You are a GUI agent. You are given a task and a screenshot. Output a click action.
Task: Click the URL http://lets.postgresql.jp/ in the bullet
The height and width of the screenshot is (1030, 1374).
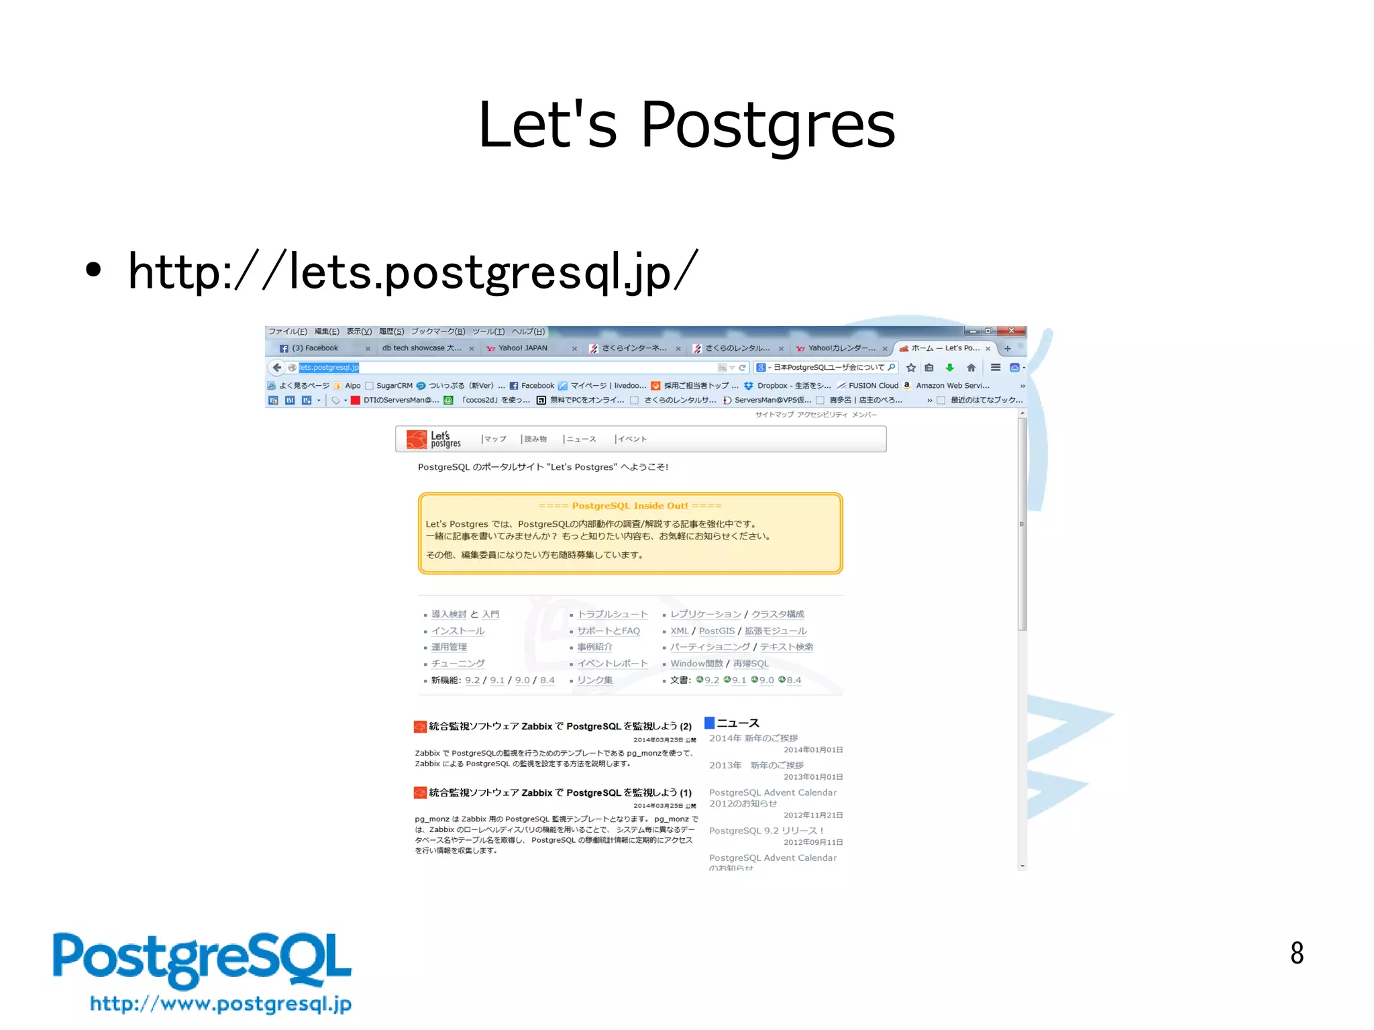point(413,272)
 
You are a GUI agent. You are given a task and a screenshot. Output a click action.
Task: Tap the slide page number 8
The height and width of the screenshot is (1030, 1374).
point(1296,953)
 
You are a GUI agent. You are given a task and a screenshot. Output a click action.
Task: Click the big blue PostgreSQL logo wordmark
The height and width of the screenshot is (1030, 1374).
point(202,960)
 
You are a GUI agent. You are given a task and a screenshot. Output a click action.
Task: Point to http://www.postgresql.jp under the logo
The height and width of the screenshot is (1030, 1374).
point(221,1004)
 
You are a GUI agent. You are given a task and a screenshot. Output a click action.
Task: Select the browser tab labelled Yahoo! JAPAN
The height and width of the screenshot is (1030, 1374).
point(523,348)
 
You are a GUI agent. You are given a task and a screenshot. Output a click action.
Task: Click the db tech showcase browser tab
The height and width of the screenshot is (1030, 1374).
point(421,348)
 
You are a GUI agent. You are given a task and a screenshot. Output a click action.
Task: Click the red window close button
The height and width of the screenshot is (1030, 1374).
point(1011,331)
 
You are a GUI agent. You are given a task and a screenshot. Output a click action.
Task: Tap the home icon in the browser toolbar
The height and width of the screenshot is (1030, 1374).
point(971,368)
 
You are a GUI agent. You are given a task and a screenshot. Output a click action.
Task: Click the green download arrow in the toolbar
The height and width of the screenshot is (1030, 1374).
point(949,368)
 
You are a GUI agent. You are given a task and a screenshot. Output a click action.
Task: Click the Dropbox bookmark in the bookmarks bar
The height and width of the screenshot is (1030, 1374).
point(772,386)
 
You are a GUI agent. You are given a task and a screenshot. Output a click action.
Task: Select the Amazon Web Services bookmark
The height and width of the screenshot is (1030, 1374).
point(952,386)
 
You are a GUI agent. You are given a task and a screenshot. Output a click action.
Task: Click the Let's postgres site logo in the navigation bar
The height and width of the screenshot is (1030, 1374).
point(434,440)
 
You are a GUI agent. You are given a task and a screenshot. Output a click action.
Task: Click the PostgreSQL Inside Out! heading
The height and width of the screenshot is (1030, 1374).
point(629,506)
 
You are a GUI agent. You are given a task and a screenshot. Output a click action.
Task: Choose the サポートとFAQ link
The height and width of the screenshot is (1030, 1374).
point(609,631)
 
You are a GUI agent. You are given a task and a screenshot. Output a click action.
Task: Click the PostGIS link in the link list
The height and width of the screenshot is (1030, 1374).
point(717,631)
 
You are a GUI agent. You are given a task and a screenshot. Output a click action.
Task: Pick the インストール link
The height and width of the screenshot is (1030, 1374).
point(458,631)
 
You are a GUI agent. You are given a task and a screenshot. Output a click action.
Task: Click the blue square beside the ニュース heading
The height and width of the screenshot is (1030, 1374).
point(709,723)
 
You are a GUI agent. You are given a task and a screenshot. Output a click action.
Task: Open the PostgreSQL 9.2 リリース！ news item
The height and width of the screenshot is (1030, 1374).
point(765,831)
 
